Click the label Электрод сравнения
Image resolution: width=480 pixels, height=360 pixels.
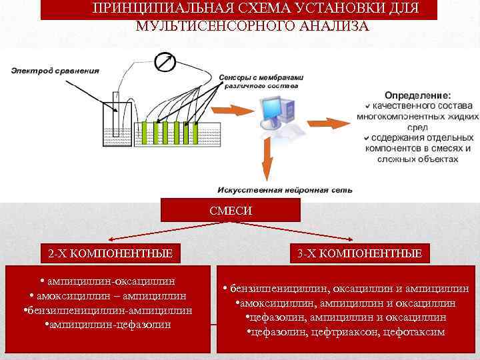55,71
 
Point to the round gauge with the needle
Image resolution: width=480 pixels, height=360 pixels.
164,62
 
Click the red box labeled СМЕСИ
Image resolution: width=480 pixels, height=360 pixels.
231,211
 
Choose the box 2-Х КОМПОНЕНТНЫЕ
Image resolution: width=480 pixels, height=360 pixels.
111,253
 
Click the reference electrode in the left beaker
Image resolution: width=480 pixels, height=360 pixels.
117,120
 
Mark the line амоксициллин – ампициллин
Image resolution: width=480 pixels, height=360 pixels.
108,296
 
